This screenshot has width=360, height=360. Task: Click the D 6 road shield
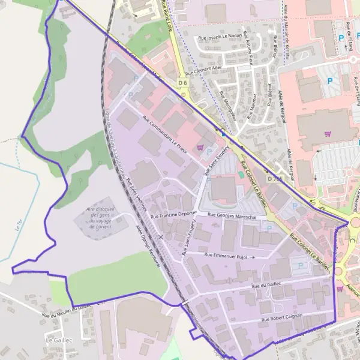tap(183, 83)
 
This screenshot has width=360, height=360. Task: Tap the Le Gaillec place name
tap(58, 340)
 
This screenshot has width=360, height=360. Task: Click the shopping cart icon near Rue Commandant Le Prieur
tap(200, 147)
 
